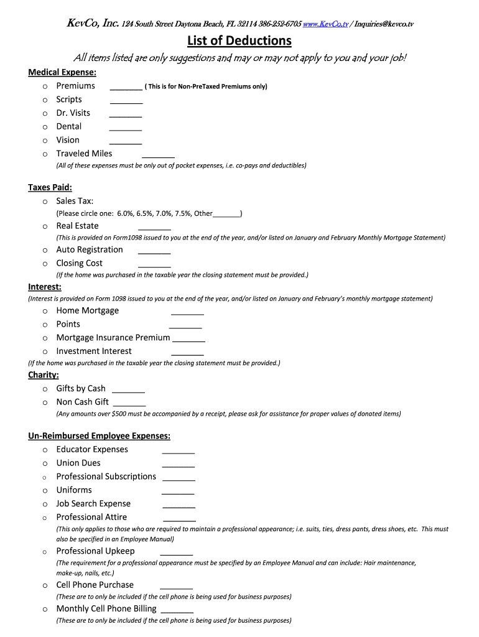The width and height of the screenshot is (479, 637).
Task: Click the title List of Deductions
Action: pyautogui.click(x=240, y=41)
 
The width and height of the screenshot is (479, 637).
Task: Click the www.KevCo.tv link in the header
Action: pyautogui.click(x=325, y=24)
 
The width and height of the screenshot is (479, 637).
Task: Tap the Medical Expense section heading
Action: pyautogui.click(x=62, y=72)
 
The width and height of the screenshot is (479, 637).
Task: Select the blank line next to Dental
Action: pyautogui.click(x=126, y=129)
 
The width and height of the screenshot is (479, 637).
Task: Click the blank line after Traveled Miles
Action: pyautogui.click(x=158, y=157)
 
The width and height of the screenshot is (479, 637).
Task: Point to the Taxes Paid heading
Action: pyautogui.click(x=50, y=187)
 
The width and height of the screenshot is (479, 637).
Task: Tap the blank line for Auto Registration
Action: pyautogui.click(x=154, y=253)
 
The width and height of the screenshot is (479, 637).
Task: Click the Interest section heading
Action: pyautogui.click(x=45, y=287)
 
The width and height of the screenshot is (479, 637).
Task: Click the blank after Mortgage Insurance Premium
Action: pyautogui.click(x=188, y=341)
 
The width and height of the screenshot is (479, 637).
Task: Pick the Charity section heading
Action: pyautogui.click(x=44, y=375)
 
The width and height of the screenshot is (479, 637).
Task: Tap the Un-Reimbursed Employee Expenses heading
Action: pyautogui.click(x=100, y=436)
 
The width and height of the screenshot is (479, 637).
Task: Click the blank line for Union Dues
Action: pyautogui.click(x=179, y=466)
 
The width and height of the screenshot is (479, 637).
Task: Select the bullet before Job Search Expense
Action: pyautogui.click(x=45, y=504)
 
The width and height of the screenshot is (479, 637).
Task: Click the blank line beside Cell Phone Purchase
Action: pyautogui.click(x=176, y=588)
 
